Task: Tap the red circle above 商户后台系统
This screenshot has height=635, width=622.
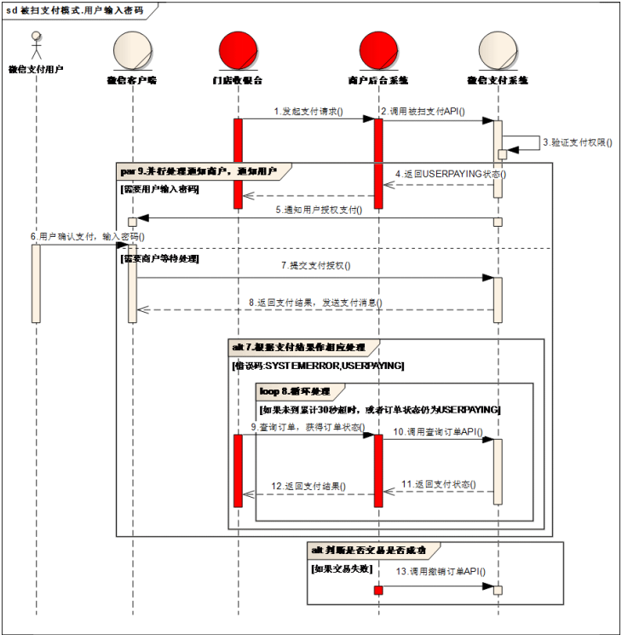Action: pyautogui.click(x=377, y=50)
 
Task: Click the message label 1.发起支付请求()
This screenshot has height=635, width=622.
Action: pyautogui.click(x=308, y=112)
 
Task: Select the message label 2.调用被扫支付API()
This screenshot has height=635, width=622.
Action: pyautogui.click(x=423, y=112)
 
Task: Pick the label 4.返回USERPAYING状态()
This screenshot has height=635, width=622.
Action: pyautogui.click(x=451, y=174)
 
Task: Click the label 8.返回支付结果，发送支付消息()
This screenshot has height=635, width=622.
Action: pyautogui.click(x=315, y=303)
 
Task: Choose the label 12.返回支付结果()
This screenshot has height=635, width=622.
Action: pyautogui.click(x=308, y=486)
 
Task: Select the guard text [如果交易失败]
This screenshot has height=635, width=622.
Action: pyautogui.click(x=341, y=568)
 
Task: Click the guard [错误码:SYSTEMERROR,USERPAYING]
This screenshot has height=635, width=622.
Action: pyautogui.click(x=318, y=366)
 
